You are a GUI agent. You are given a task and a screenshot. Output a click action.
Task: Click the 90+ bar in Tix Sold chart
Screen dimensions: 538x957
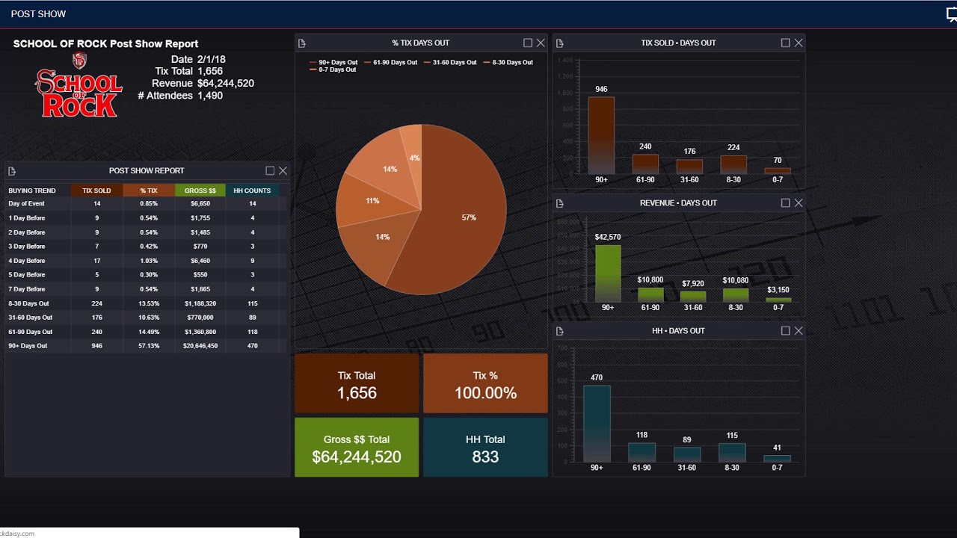point(601,134)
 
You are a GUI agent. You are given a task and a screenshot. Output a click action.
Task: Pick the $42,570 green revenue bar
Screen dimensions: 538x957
point(608,273)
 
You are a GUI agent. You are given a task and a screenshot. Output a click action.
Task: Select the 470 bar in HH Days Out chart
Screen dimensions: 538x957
point(597,423)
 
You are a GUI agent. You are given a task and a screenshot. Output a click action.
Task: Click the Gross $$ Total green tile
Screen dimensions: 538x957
point(357,448)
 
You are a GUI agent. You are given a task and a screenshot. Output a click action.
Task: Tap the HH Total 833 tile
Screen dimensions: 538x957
point(485,448)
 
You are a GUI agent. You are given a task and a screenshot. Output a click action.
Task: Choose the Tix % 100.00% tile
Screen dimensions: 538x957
point(485,383)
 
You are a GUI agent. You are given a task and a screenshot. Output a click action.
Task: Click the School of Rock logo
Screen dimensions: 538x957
point(78,88)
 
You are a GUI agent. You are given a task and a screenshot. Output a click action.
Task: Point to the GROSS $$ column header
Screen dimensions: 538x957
point(200,191)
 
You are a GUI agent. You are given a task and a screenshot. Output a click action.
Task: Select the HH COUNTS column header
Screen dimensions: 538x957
point(252,191)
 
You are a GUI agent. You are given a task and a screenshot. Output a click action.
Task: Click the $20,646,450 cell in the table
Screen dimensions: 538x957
point(200,346)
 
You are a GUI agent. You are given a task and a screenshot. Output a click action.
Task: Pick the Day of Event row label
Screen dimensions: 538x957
point(27,203)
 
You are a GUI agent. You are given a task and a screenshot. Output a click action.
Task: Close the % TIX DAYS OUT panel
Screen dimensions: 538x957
point(541,43)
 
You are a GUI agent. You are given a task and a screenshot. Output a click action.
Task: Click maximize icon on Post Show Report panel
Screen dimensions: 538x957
point(270,171)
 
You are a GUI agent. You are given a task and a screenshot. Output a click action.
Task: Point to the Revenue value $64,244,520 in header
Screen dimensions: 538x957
point(225,84)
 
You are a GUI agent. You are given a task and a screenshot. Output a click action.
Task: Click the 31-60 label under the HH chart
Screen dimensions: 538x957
point(686,468)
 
